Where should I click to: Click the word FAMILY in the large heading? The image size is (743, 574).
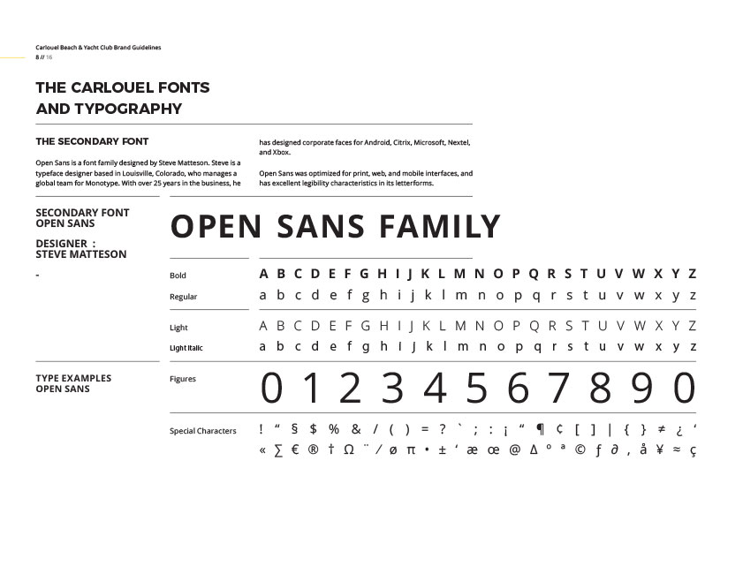coord(440,228)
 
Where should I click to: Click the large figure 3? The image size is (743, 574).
coord(392,389)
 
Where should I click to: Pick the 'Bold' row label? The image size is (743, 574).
coord(178,276)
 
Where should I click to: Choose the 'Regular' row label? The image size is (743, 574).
coord(183,297)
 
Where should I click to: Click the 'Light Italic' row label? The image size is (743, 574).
coord(186,348)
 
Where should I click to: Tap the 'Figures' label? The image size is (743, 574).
coord(183,379)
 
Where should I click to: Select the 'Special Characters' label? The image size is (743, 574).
coord(202,431)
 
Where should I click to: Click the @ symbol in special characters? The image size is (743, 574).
coord(515,450)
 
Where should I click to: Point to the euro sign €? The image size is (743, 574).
coord(295,450)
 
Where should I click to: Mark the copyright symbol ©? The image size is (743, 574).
coord(580,450)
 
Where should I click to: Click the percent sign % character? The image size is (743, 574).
coord(334,430)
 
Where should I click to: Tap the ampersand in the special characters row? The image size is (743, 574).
coord(356,430)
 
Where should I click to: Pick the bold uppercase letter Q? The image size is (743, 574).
coord(529,274)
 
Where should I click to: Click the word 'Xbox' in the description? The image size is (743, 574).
coord(281,153)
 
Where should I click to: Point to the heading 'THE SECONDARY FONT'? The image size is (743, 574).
coord(92,141)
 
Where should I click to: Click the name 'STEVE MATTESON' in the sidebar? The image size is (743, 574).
coord(80,254)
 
